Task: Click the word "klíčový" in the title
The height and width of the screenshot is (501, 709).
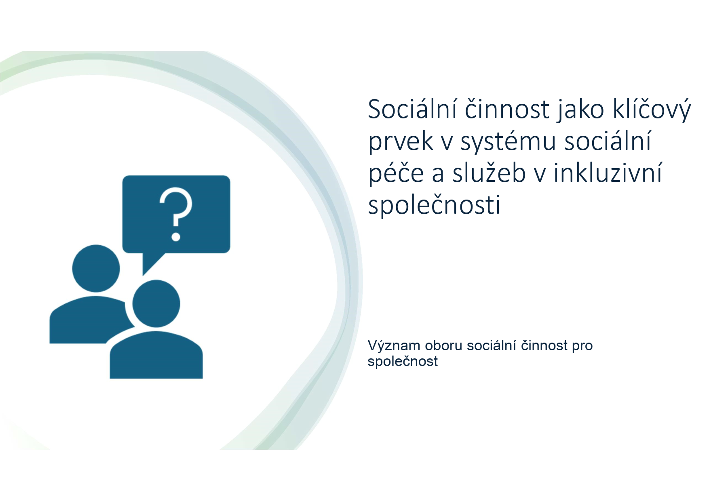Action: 652,109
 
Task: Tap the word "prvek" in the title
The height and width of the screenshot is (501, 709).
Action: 401,141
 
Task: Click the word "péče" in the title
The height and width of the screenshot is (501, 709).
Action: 396,173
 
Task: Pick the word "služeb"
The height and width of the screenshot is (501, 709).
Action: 489,173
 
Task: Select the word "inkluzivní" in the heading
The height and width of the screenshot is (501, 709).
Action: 608,173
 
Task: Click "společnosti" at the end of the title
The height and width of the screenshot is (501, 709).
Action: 434,204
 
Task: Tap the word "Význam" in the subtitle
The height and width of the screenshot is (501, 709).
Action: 394,346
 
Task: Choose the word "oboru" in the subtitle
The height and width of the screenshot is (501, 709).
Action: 443,346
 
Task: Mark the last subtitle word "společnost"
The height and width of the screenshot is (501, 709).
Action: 403,362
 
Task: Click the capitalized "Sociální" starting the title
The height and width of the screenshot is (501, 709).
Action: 413,109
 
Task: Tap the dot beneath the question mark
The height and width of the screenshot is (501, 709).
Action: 176,236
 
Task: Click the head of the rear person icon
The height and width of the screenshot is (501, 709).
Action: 96,268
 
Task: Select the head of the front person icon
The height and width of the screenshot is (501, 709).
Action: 156,303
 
